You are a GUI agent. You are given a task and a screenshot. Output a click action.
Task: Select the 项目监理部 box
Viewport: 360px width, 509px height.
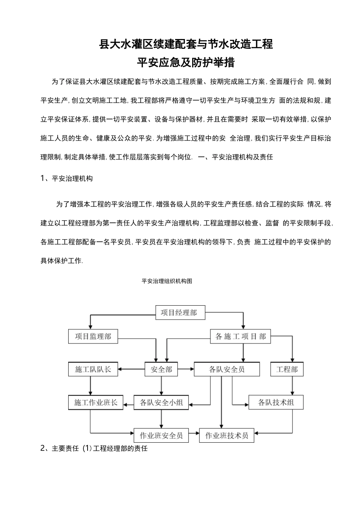coord(93,336)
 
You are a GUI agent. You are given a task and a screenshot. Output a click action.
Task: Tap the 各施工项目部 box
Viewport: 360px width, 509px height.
coord(240,336)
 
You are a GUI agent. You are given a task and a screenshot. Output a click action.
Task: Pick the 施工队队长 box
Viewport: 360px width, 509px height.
coord(93,369)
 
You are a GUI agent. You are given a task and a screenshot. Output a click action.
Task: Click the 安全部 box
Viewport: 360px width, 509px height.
coord(161,369)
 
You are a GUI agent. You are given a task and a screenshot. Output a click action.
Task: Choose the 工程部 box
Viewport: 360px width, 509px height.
coord(287,369)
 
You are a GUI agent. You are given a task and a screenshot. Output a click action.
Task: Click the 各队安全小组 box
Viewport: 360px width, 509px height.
coord(161,403)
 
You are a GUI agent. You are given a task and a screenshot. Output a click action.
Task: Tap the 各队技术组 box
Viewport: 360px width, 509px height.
coord(276,403)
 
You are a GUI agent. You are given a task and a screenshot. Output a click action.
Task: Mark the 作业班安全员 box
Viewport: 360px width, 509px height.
coord(161,436)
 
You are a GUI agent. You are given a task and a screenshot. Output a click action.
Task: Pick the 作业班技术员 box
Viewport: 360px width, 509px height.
coord(227,436)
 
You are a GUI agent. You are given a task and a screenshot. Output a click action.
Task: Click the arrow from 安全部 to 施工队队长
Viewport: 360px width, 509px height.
coord(131,369)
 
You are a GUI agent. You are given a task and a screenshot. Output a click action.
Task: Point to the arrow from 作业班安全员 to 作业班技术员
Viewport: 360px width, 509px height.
coord(194,433)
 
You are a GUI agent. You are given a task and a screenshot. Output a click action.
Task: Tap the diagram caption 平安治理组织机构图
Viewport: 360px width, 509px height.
coord(167,281)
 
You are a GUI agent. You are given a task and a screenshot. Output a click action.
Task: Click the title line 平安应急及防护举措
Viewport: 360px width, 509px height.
coord(186,62)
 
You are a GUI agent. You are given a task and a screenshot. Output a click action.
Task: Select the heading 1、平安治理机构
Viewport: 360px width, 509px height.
coord(67,179)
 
